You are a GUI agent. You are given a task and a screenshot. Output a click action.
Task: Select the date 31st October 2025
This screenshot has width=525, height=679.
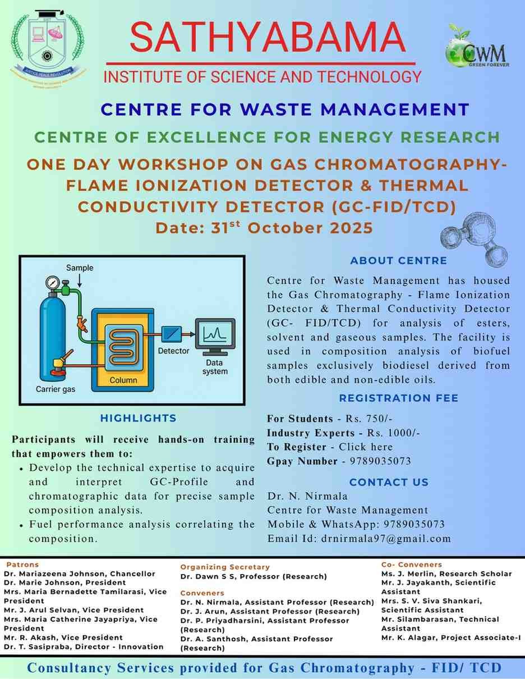pyautogui.click(x=264, y=228)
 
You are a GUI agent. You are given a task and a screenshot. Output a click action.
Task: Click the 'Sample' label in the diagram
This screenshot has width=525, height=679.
pyautogui.click(x=80, y=268)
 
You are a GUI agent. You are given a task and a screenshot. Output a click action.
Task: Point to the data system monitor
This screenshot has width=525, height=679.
pyautogui.click(x=215, y=336)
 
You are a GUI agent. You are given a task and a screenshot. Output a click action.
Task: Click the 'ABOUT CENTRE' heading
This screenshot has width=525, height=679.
pyautogui.click(x=398, y=260)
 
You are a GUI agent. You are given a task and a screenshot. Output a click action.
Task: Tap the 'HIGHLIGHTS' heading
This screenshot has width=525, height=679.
pyautogui.click(x=138, y=418)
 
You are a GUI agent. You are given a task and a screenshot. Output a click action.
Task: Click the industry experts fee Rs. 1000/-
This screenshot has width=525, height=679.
pyautogui.click(x=393, y=433)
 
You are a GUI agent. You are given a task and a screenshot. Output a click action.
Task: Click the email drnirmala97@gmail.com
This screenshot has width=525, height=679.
pyautogui.click(x=386, y=539)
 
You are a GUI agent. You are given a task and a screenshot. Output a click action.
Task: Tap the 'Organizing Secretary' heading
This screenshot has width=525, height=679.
pyautogui.click(x=225, y=567)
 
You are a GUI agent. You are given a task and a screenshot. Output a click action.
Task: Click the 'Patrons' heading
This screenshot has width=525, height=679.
pyautogui.click(x=22, y=565)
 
